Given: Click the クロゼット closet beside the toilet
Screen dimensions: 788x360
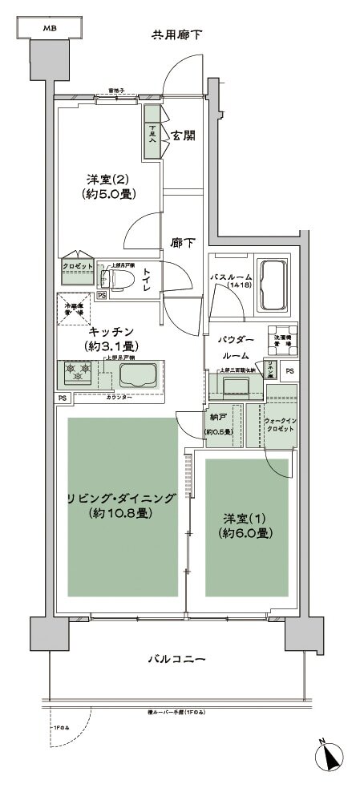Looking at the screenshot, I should pos(79,266).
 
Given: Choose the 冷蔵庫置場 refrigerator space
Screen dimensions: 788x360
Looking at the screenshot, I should pos(74,309).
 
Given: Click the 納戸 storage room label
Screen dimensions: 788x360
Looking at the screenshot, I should pos(217,418).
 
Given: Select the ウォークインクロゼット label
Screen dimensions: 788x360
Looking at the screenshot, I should pos(281,423).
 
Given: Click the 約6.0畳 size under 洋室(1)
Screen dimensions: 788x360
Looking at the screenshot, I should pos(245,532).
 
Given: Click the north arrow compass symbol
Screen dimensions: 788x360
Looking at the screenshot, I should pos(333,754).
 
